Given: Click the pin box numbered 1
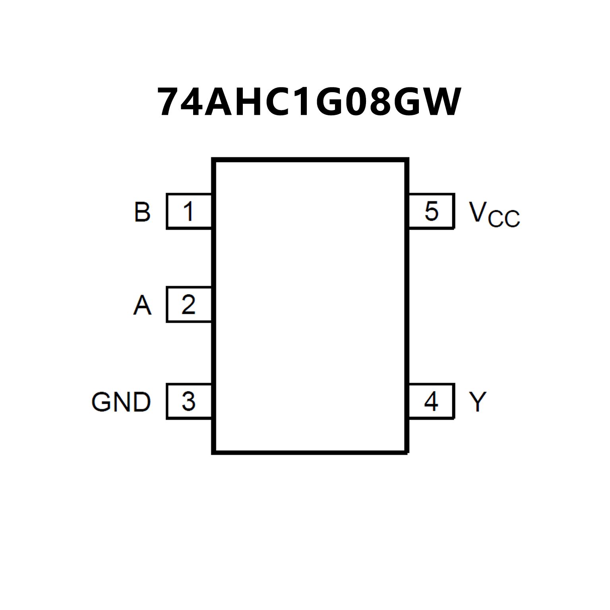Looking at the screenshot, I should [x=189, y=211].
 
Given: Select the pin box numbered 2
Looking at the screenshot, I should [x=189, y=304].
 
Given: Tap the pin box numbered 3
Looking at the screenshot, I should [x=189, y=401].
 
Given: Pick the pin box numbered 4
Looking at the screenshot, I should [x=432, y=401].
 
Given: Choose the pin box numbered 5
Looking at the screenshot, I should [x=432, y=211].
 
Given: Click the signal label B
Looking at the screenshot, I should [x=142, y=212].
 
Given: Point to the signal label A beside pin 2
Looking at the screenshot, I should [x=142, y=306].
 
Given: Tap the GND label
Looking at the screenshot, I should [x=121, y=402].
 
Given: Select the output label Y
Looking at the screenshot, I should [x=478, y=402].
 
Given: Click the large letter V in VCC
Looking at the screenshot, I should [x=477, y=211].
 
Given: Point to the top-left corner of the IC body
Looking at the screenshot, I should [x=214, y=160].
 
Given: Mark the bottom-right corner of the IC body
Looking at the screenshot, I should [x=407, y=452].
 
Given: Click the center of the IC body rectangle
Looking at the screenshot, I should [x=310, y=306].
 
